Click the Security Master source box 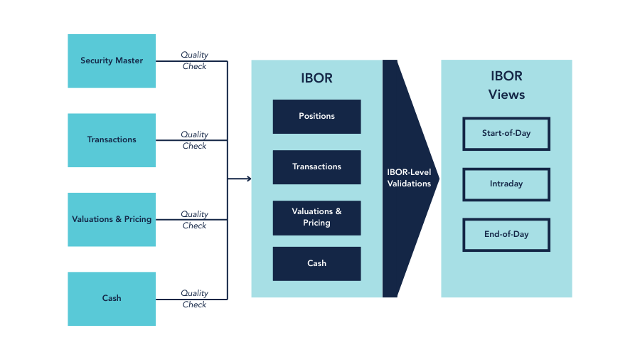click(112, 61)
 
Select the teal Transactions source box click(112, 140)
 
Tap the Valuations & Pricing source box click(112, 219)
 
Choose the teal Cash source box click(112, 299)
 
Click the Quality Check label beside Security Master click(194, 60)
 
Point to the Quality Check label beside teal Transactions click(194, 140)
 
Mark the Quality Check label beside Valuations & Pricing click(194, 220)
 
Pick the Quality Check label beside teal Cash click(194, 299)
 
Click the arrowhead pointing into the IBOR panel click(249, 179)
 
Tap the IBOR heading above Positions click(317, 78)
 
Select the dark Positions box click(316, 117)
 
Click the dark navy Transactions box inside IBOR click(316, 167)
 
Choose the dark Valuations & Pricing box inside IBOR click(316, 218)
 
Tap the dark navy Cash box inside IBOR click(316, 263)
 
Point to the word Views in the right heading click(506, 95)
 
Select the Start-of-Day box click(506, 134)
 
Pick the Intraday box click(506, 184)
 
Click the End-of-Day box click(506, 235)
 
